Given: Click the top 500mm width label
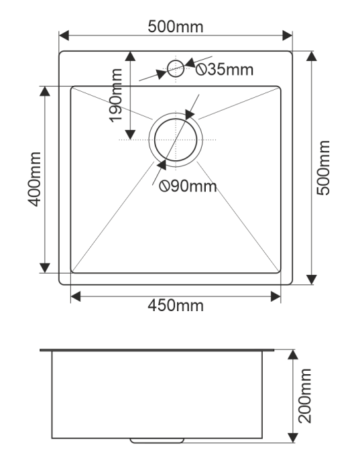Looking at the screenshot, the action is click(x=176, y=27).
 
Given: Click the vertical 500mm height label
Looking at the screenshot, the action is click(x=324, y=168).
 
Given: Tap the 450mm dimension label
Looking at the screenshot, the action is click(x=176, y=306).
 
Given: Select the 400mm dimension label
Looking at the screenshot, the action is click(x=34, y=179).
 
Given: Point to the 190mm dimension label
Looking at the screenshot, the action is click(x=115, y=95).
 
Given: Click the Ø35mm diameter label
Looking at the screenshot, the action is click(x=225, y=70).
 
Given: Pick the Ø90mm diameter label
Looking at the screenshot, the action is click(x=188, y=186).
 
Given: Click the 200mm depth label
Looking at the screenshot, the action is click(x=305, y=396).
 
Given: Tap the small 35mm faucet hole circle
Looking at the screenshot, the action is click(x=176, y=60).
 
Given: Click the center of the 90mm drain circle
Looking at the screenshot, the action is click(x=176, y=140).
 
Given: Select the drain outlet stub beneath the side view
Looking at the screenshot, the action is click(x=157, y=441).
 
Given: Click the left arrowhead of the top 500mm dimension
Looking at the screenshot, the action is click(x=64, y=35).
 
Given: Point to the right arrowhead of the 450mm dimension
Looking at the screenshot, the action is click(x=276, y=296).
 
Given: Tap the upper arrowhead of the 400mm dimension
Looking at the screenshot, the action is click(x=45, y=91).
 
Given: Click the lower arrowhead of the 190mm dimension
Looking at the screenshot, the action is click(x=130, y=135).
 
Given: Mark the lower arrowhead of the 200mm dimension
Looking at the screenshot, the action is click(x=293, y=438).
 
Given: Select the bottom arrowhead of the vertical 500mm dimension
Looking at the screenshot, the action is click(x=311, y=280).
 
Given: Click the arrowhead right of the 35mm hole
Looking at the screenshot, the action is click(x=190, y=63).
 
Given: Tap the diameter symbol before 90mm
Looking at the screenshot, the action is click(x=164, y=186).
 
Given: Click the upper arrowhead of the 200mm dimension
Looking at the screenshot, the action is click(x=293, y=355).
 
